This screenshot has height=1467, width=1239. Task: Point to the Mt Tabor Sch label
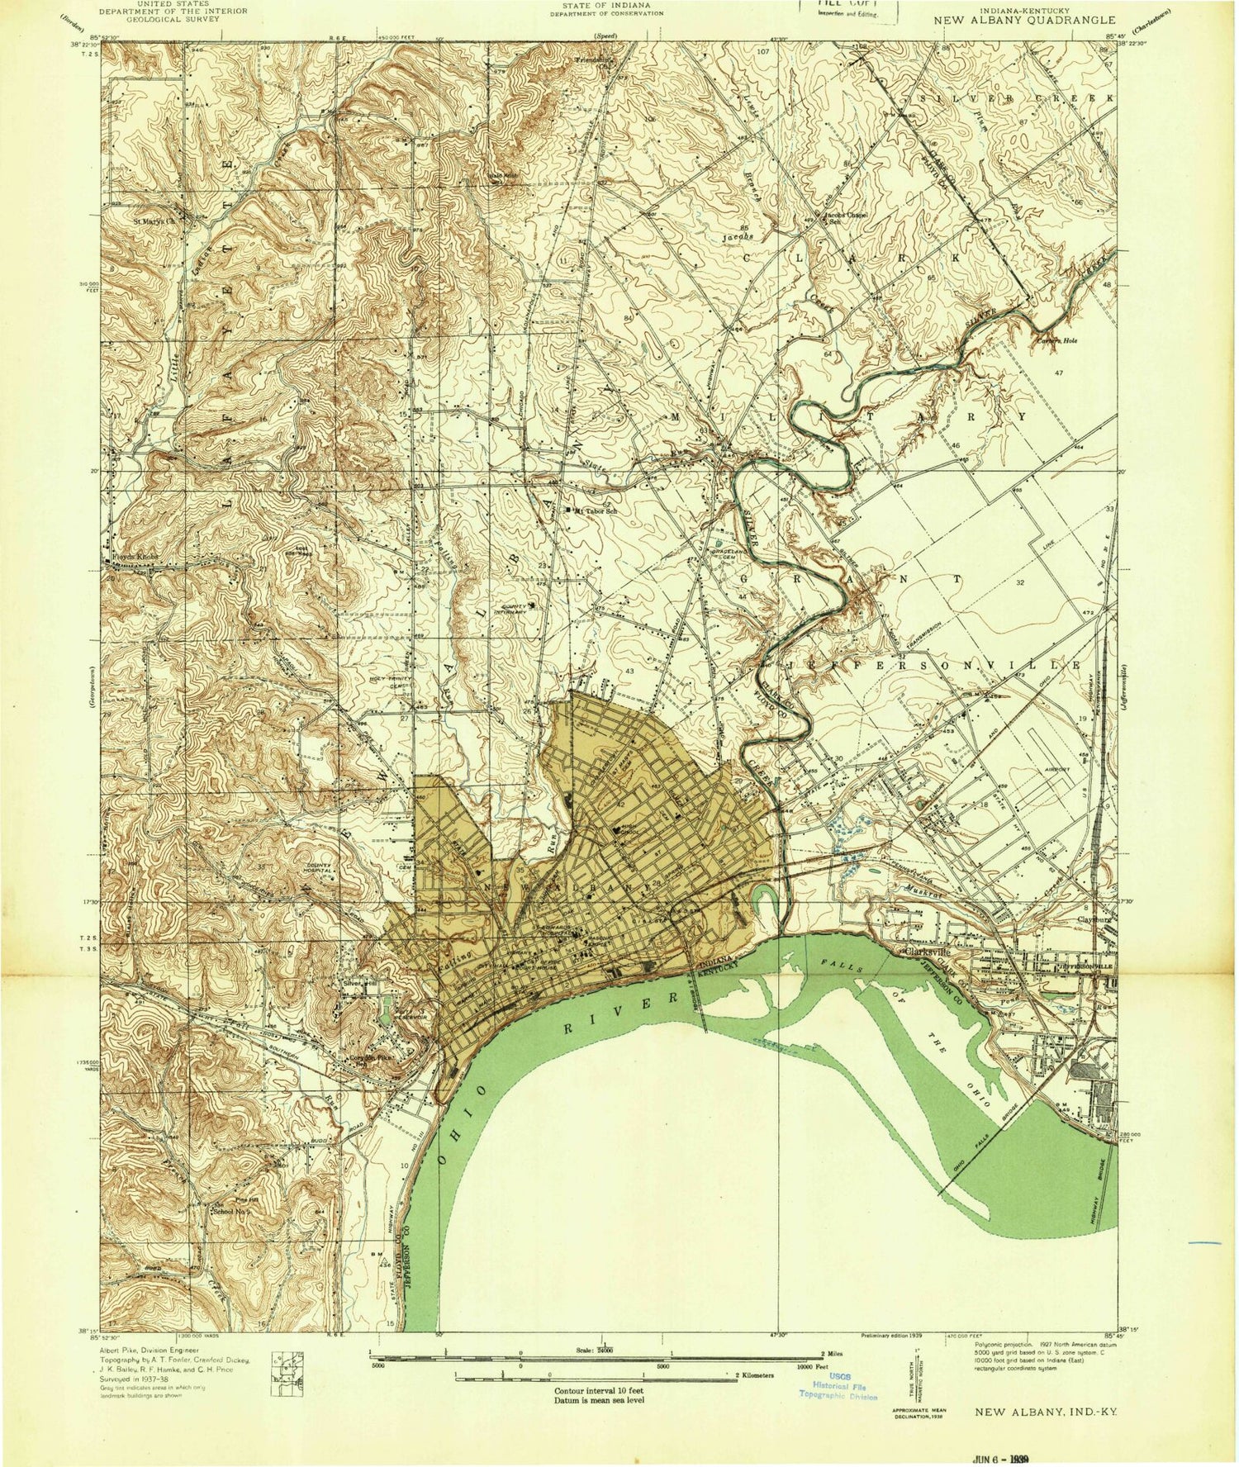[x=596, y=510]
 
